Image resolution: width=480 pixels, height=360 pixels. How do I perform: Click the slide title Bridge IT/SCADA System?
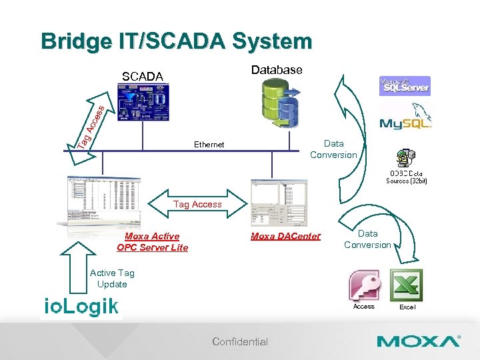coord(176,41)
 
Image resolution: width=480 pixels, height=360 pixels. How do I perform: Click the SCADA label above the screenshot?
coord(142,77)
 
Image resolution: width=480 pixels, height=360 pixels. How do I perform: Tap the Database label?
coord(276,70)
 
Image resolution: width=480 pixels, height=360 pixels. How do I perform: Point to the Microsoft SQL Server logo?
coord(405,86)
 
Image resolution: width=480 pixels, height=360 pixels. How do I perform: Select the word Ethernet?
coord(209,145)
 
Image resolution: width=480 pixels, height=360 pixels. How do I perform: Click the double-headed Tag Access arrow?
coord(197,204)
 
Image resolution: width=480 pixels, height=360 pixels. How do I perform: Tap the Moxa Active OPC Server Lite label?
coord(152,242)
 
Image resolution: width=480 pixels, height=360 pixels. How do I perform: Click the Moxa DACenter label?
coord(285,237)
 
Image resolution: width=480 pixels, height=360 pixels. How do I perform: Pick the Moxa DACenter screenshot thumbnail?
coord(278,203)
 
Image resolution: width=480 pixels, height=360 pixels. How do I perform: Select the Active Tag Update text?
coord(112,278)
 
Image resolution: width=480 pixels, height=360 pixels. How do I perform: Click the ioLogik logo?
coord(81,306)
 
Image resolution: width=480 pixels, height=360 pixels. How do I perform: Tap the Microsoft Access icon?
coord(364,285)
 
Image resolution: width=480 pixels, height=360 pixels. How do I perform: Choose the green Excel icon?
coord(407,285)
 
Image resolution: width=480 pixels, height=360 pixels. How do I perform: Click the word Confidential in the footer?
coord(240,342)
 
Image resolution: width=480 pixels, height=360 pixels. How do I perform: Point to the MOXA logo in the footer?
coord(419,341)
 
